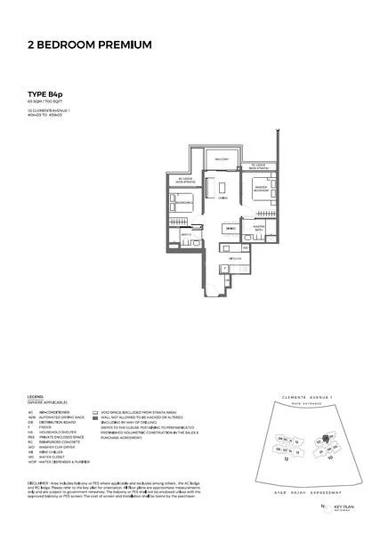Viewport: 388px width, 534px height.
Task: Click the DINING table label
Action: point(230,229)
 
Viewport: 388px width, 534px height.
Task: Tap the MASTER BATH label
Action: point(259,228)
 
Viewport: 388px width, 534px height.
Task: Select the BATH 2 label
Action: point(187,235)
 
